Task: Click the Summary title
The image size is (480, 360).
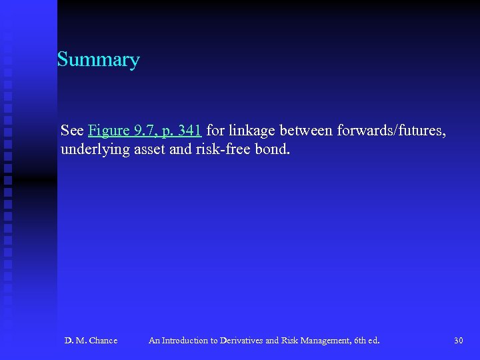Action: pos(98,60)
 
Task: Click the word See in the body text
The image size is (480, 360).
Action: pos(72,130)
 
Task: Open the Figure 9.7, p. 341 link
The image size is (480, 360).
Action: pos(144,130)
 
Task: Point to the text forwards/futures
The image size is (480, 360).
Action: pos(391,130)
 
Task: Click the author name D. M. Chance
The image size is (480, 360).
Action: pos(91,341)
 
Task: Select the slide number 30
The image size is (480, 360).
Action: pos(458,341)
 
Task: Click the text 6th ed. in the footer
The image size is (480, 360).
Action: pos(366,341)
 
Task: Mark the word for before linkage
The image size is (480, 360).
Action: pos(215,130)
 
